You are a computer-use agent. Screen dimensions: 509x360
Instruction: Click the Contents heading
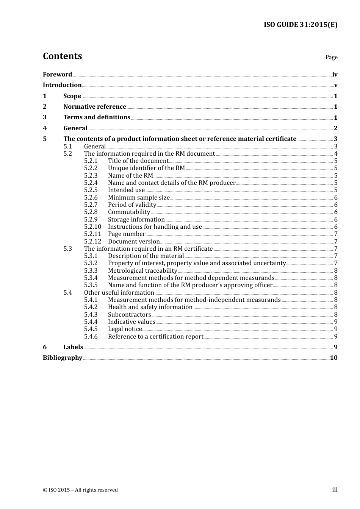62,56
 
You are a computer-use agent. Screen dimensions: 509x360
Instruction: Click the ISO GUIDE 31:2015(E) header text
300,25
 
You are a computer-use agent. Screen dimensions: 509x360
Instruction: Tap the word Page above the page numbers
331,57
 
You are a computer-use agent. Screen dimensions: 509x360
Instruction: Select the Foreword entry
57,74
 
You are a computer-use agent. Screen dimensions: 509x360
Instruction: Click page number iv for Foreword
335,75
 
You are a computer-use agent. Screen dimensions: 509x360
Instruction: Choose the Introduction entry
62,85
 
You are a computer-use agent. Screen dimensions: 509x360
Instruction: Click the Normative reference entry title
94,106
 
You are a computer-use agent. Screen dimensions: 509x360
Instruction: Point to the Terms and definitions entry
97,117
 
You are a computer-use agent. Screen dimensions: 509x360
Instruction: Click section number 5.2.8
91,212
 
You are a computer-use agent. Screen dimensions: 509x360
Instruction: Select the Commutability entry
129,212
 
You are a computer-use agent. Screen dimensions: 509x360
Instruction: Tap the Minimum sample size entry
139,197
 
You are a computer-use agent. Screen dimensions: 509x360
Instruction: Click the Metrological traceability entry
142,270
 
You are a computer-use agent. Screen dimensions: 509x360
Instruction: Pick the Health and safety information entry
150,307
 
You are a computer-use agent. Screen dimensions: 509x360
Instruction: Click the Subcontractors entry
129,314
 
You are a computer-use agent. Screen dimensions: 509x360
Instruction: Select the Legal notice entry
125,329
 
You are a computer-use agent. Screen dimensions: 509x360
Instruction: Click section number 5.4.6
91,336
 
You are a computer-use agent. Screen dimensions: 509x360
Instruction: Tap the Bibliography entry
63,358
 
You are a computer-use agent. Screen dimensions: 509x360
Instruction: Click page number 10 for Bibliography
333,358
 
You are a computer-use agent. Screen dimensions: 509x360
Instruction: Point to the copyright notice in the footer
80,490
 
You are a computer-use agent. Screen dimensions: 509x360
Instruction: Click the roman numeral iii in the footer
335,490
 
